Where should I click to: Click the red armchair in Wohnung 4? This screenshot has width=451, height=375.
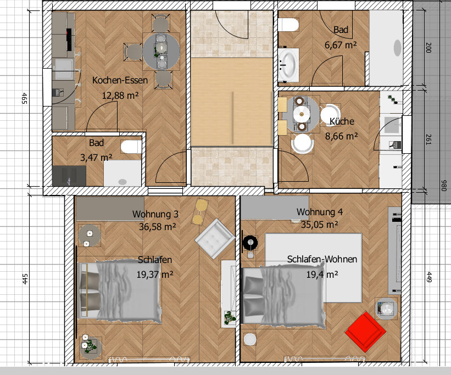tap(365, 332)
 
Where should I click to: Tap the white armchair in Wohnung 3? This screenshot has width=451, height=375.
tap(215, 238)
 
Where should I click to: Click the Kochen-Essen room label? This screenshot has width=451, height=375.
tap(120, 80)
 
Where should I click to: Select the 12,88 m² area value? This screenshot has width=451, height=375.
tap(120, 95)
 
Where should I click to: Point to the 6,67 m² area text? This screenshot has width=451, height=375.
tap(341, 45)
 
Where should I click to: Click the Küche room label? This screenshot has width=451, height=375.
tap(342, 121)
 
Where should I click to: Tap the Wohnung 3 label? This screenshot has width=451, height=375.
tap(155, 214)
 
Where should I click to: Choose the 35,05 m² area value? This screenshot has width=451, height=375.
tap(320, 225)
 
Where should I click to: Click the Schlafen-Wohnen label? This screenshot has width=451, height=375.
tap(322, 259)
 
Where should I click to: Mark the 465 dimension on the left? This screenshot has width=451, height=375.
tap(25, 98)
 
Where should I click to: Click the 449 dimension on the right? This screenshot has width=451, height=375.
tap(428, 277)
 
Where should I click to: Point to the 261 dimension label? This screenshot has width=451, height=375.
tap(428, 139)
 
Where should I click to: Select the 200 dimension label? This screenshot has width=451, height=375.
tap(428, 48)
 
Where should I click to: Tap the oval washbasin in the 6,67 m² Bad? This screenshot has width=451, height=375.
tap(288, 65)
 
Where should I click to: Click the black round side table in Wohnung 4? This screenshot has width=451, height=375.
tap(250, 243)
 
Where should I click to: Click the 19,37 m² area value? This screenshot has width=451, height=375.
tap(155, 275)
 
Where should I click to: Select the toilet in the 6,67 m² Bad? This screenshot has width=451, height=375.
tap(288, 25)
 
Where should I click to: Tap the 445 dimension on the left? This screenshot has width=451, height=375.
tap(25, 279)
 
